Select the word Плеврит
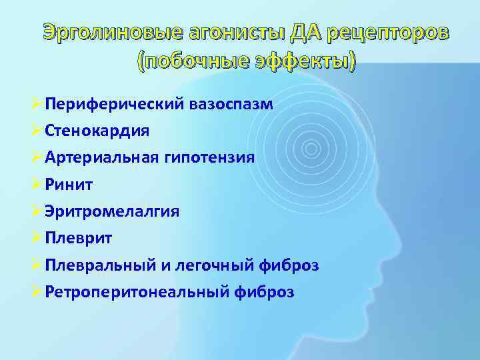pos(79,238)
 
